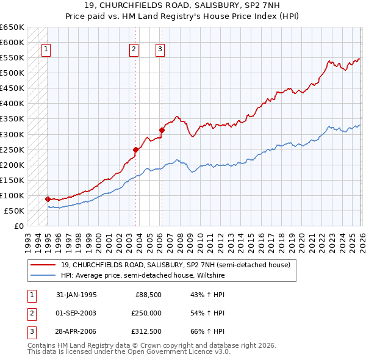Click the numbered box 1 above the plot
(x=47, y=50)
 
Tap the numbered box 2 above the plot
(x=134, y=50)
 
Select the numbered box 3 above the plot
(x=160, y=50)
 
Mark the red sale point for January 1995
(x=48, y=199)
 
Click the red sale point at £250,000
(x=135, y=149)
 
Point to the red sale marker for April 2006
(x=162, y=129)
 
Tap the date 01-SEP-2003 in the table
(x=76, y=313)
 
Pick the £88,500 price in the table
(x=148, y=295)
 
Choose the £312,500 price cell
(x=146, y=331)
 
